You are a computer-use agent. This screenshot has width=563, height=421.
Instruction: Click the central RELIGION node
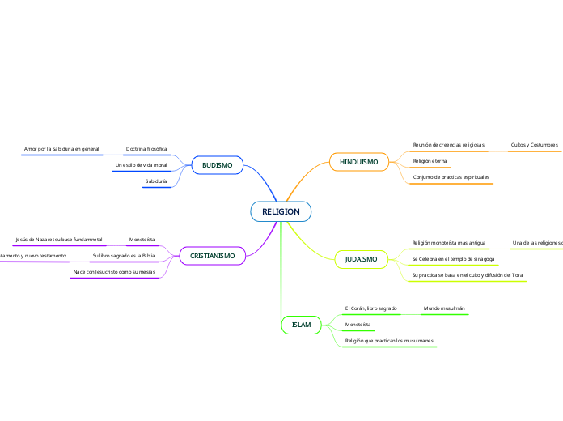point(281,211)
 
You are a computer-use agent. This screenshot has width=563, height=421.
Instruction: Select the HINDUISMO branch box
point(358,162)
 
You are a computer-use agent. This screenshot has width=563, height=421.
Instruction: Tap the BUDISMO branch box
point(217,165)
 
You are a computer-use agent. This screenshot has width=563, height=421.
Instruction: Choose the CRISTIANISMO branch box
point(212,256)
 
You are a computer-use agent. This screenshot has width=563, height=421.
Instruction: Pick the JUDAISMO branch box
point(361,259)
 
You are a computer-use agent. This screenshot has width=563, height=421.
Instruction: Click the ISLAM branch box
point(301,325)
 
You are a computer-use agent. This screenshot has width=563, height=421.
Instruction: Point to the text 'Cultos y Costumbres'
point(534,145)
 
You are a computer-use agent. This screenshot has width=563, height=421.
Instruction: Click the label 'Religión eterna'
point(430,161)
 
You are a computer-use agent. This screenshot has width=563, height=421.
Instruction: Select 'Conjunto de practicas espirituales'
point(451,176)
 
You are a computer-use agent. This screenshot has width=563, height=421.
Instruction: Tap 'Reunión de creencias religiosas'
point(448,145)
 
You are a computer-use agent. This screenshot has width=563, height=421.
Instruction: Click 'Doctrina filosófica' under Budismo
point(146,149)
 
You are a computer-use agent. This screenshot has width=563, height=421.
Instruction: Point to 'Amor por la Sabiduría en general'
point(61,149)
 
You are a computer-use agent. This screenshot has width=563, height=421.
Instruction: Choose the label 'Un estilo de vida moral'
point(141,165)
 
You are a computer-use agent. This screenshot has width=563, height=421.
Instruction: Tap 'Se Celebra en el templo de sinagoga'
point(452,259)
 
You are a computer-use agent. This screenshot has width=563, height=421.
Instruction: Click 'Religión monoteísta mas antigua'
point(449,243)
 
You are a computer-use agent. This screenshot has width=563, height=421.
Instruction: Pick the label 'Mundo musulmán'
point(444,308)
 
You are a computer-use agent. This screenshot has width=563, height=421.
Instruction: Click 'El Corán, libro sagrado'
point(370,308)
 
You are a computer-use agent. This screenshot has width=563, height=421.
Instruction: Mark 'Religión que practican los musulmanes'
point(389,341)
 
